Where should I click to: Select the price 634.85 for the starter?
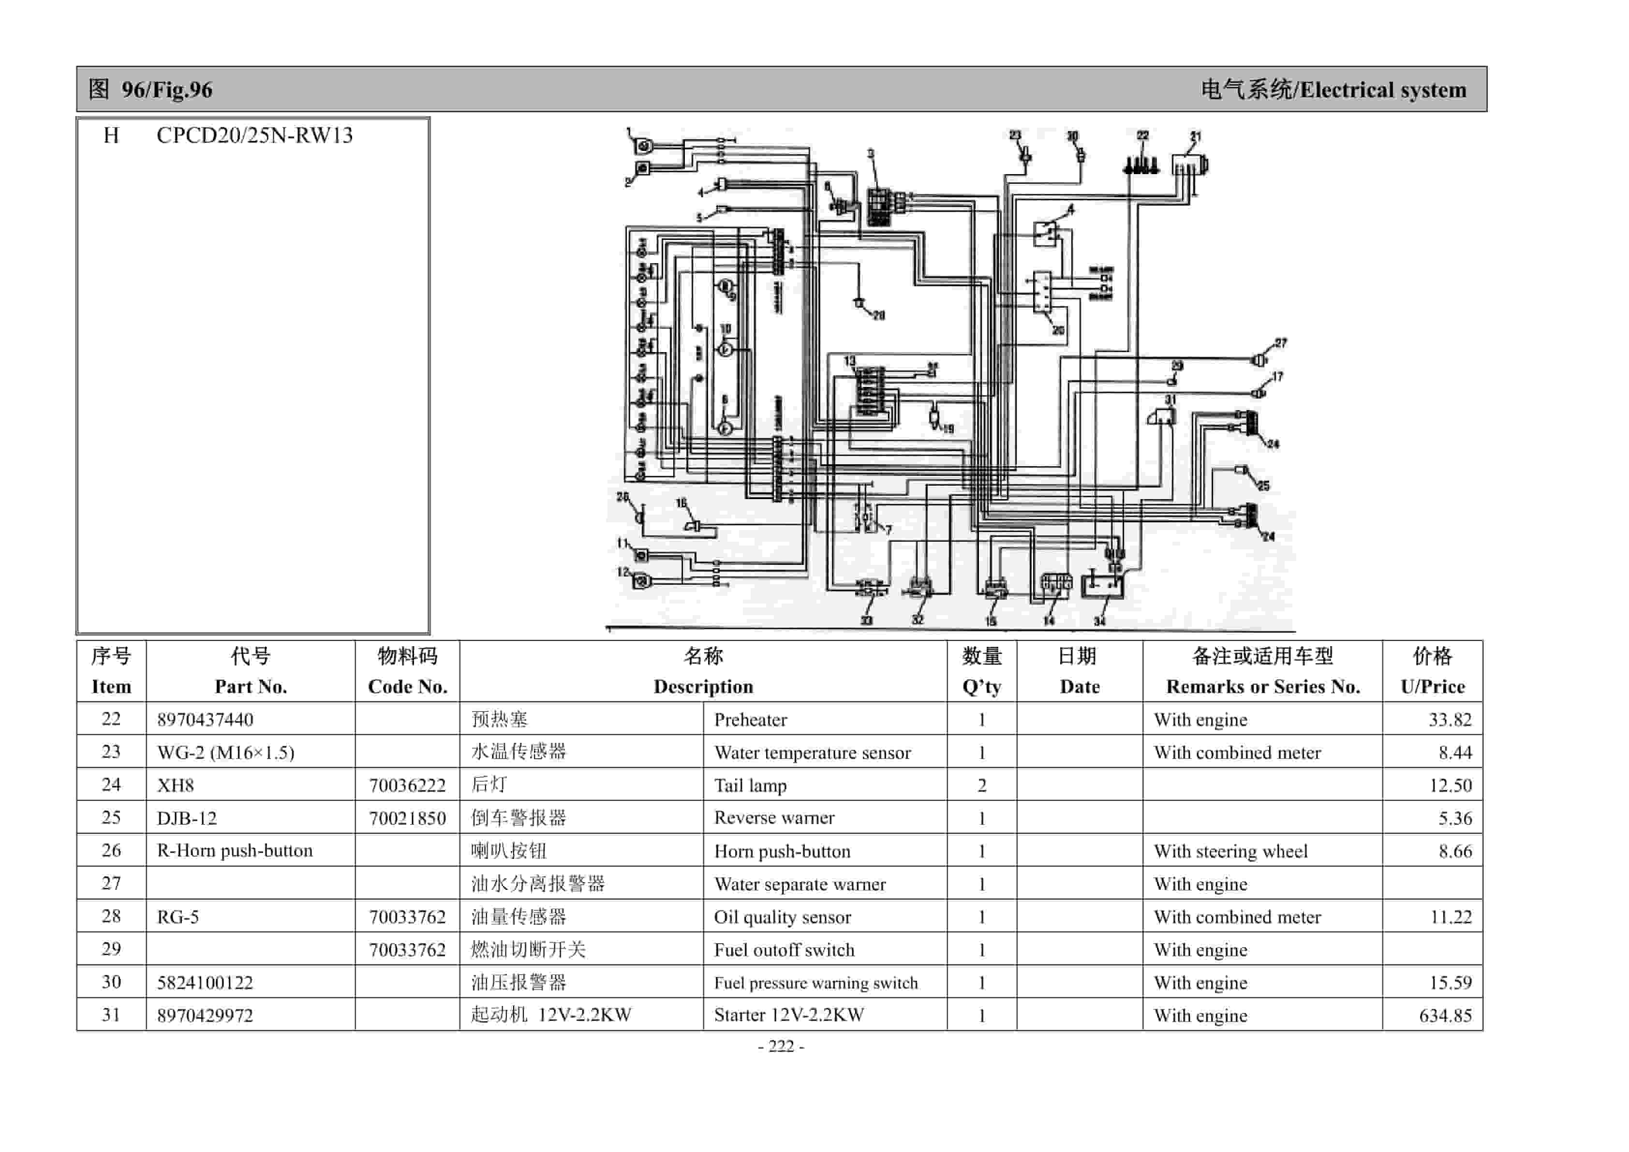tap(1445, 1015)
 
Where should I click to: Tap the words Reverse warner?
tap(774, 818)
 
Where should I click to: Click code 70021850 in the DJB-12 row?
tap(407, 818)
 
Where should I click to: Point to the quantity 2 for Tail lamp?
tap(981, 785)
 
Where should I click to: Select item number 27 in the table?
tap(111, 883)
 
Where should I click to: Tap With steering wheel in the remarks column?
tap(1230, 851)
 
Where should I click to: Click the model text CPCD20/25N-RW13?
tap(255, 135)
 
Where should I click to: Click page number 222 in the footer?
tap(781, 1046)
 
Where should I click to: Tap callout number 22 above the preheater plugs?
tap(1142, 135)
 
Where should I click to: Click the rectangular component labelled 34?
tap(1102, 585)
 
